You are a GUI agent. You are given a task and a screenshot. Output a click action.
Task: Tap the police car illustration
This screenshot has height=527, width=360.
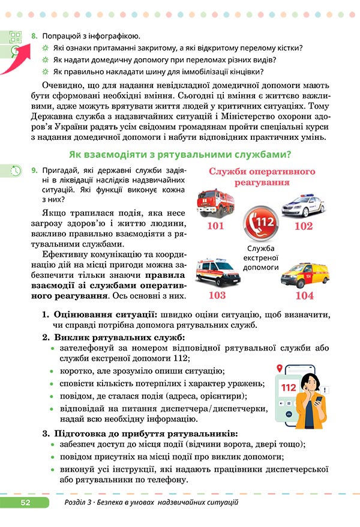tap(303, 205)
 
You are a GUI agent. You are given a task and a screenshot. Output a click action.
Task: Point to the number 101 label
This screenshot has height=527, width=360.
tap(215, 226)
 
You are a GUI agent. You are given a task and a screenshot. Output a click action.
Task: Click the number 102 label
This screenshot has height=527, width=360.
tap(304, 226)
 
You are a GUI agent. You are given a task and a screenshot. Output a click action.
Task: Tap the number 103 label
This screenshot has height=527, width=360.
tap(217, 295)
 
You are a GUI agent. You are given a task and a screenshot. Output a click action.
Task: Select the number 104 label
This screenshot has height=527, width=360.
tap(304, 295)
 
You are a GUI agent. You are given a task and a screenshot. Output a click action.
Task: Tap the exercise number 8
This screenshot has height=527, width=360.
tap(34, 37)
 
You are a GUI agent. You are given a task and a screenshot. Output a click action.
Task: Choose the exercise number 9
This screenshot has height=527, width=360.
tap(34, 172)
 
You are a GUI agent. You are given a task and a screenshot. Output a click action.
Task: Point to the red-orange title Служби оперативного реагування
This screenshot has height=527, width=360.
tap(262, 176)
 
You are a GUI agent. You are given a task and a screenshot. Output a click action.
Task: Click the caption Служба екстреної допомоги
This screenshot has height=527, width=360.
tap(260, 258)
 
